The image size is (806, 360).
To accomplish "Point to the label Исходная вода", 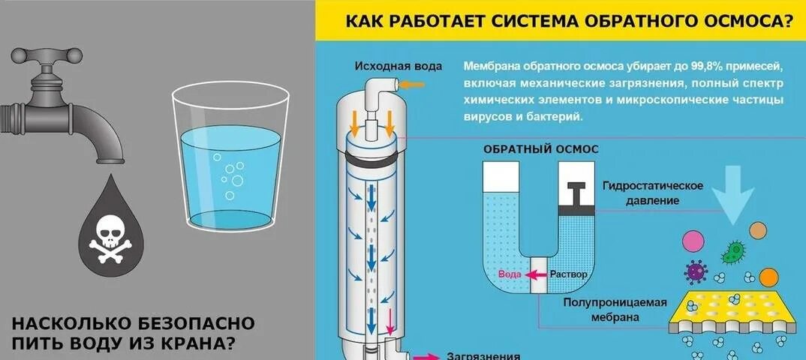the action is (x=398, y=66).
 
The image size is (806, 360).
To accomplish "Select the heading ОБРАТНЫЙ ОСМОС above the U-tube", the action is (x=540, y=148).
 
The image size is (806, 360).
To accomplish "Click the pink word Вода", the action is (x=510, y=274).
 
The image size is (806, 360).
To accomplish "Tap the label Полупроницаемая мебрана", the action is (x=615, y=310).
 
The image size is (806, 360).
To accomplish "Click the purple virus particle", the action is (x=694, y=271).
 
